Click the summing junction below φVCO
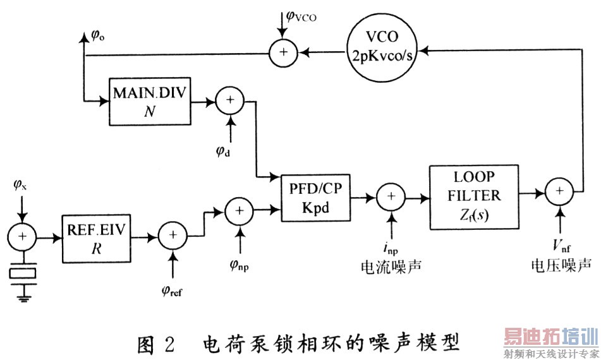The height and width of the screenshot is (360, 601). click(x=283, y=54)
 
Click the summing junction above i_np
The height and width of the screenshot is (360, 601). click(x=391, y=197)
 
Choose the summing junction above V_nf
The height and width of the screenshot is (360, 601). click(x=559, y=189)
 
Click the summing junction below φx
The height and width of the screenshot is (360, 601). click(x=23, y=237)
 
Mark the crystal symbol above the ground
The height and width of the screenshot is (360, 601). click(x=23, y=273)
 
